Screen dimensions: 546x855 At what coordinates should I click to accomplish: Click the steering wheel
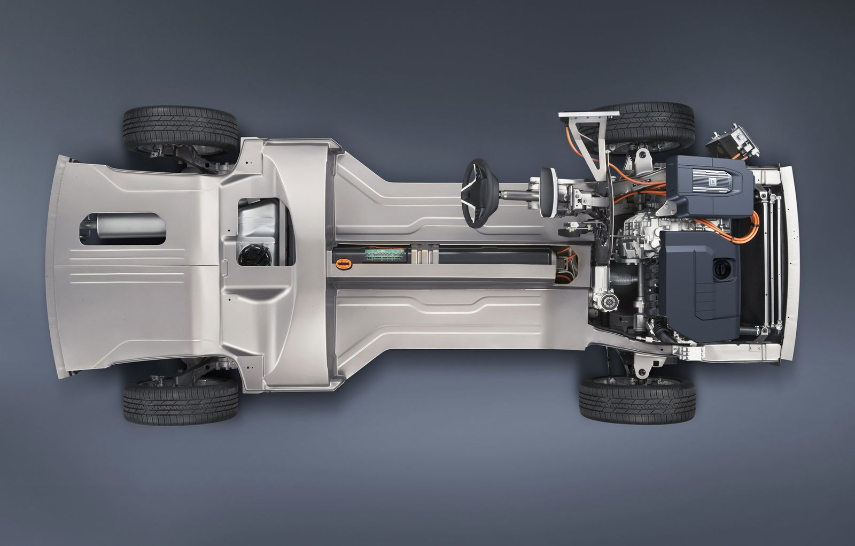[477, 194]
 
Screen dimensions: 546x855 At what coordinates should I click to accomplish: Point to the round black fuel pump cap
[255, 255]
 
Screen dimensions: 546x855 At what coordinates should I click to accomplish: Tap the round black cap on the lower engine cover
[722, 266]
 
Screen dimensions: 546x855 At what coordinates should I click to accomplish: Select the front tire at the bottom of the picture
[637, 398]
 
